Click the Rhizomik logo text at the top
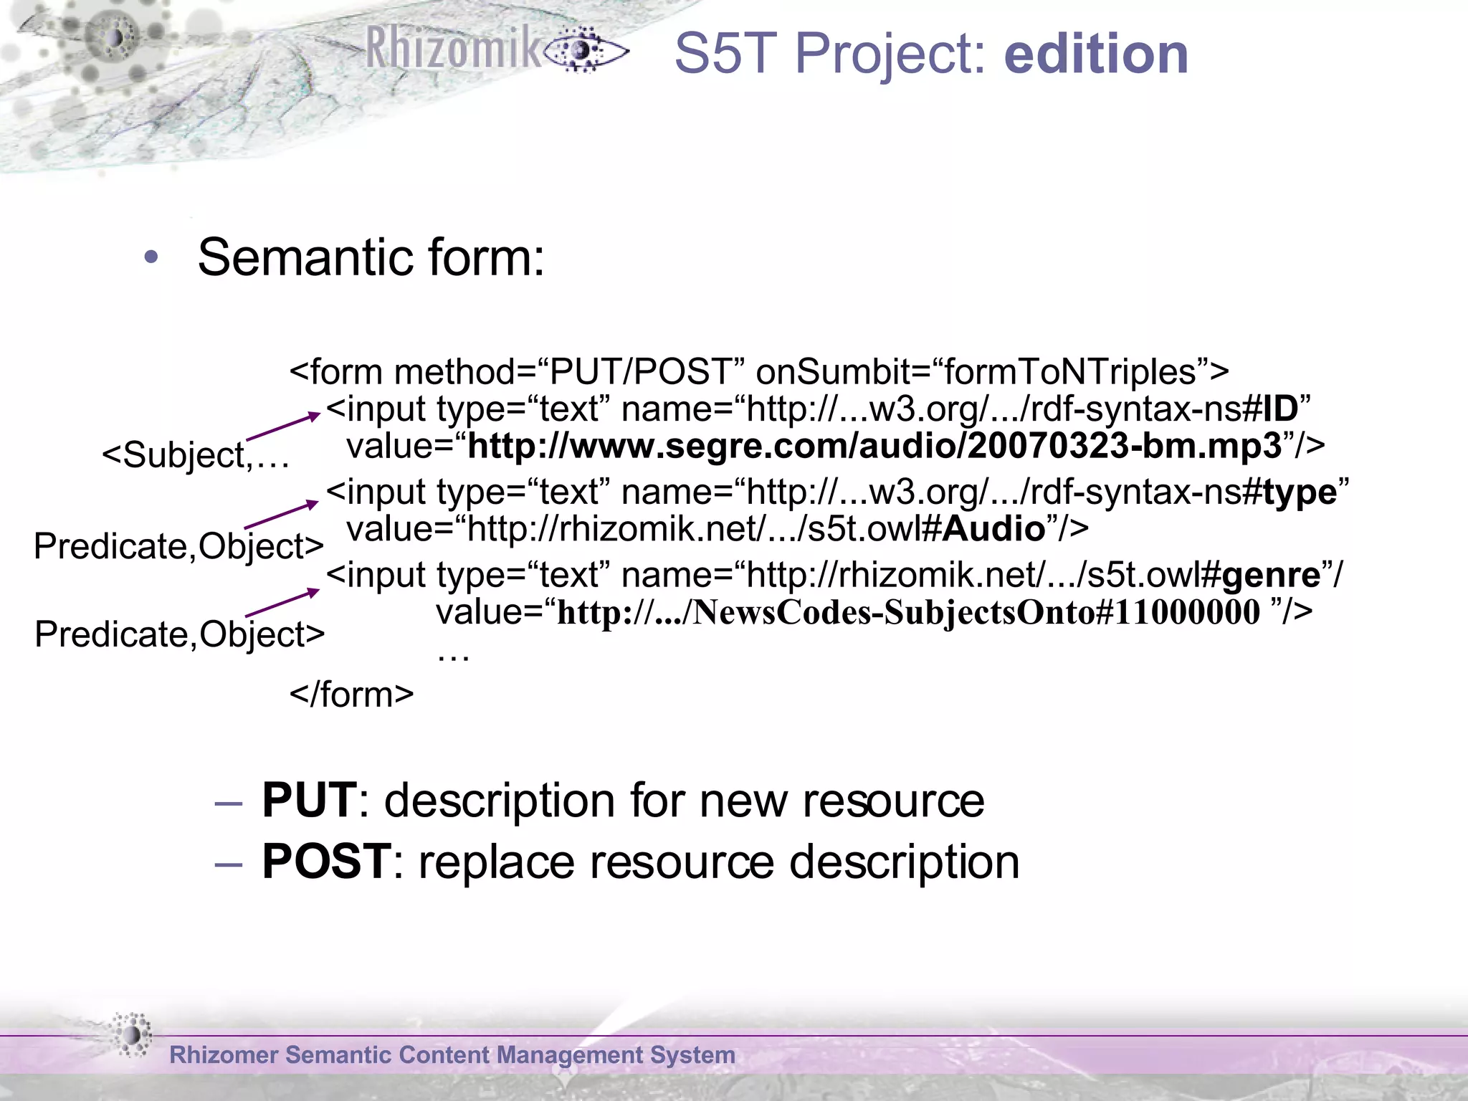[453, 49]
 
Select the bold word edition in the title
[1096, 54]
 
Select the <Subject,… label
[195, 455]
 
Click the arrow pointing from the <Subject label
[283, 426]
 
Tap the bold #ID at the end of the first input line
[1272, 409]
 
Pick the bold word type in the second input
[1300, 492]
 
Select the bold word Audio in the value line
[993, 529]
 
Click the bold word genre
[1272, 575]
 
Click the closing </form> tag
[351, 694]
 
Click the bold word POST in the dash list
[326, 861]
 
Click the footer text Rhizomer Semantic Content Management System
[452, 1054]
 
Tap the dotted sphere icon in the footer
[132, 1035]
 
